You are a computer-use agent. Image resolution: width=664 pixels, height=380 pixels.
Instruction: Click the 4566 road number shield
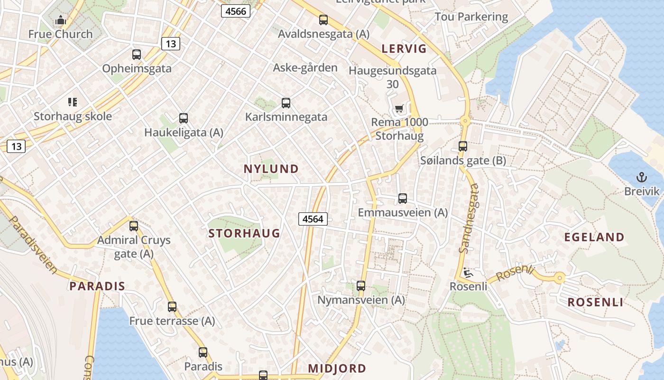(x=236, y=11)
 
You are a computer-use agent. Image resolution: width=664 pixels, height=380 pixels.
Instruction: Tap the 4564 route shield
(x=313, y=219)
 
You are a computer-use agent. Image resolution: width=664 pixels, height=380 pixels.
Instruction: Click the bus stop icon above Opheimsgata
(x=137, y=55)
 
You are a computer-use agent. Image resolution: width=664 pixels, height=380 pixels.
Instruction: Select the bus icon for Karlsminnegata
(x=286, y=103)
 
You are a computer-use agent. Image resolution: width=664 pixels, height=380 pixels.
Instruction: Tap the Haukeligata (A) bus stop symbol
(x=184, y=118)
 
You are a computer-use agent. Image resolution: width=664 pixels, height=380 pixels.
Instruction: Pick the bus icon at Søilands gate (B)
(x=463, y=147)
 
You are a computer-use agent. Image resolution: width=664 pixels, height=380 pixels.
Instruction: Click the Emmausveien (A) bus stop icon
(x=403, y=199)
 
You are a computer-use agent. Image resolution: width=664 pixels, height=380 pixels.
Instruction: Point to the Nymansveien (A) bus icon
(x=361, y=286)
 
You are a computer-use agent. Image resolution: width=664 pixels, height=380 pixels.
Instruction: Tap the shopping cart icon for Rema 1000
(x=399, y=109)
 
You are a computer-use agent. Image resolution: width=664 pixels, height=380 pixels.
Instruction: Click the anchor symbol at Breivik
(x=641, y=178)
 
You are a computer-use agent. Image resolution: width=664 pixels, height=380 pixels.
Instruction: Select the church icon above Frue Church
(x=61, y=20)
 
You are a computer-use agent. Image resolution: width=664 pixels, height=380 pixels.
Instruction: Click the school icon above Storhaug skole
(x=73, y=102)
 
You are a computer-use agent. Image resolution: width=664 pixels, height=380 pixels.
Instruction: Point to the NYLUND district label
(x=271, y=169)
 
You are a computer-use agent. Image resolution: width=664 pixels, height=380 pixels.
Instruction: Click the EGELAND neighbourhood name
(x=594, y=237)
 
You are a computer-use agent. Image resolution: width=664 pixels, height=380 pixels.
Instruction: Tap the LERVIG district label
(x=404, y=48)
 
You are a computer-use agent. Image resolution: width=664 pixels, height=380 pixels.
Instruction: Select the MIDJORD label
(x=337, y=368)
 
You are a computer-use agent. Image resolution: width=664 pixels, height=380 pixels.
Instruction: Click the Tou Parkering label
(x=471, y=17)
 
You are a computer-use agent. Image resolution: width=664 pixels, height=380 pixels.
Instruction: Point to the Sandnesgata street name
(x=470, y=218)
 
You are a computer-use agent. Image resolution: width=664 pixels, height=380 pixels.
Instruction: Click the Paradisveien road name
(x=33, y=245)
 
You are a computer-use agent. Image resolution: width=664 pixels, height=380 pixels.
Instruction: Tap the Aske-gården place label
(x=305, y=67)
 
